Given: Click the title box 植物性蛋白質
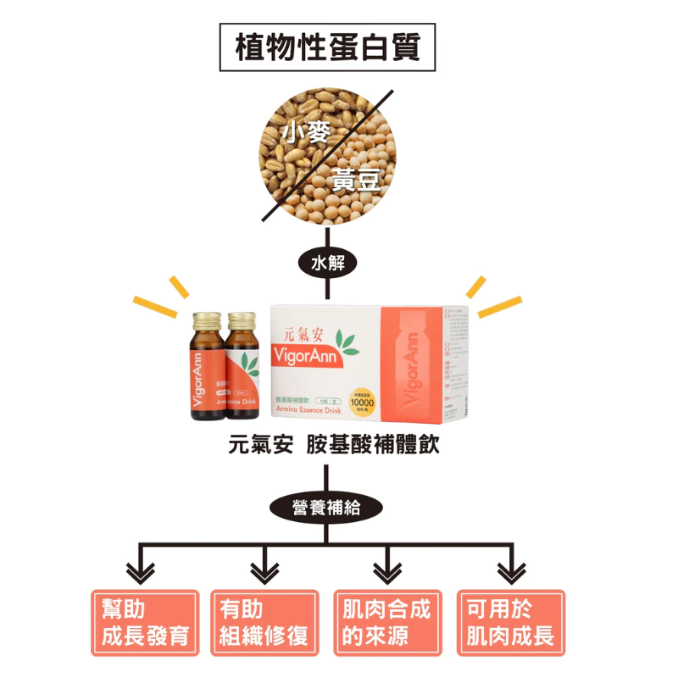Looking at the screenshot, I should pos(327,47).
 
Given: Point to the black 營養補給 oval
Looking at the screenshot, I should pos(326,508).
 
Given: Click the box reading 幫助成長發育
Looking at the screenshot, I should pos(145,623).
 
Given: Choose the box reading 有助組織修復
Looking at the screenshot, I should pos(264,623).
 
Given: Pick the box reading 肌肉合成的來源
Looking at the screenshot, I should pos(387,623).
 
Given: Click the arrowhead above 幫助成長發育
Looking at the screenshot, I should pos(141,572).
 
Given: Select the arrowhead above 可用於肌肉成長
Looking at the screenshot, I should pos(511,572).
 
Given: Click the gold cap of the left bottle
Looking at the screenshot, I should pos(206,320).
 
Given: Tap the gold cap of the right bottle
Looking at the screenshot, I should pos(242,320).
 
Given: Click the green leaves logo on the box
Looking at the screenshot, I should pos(345,343).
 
